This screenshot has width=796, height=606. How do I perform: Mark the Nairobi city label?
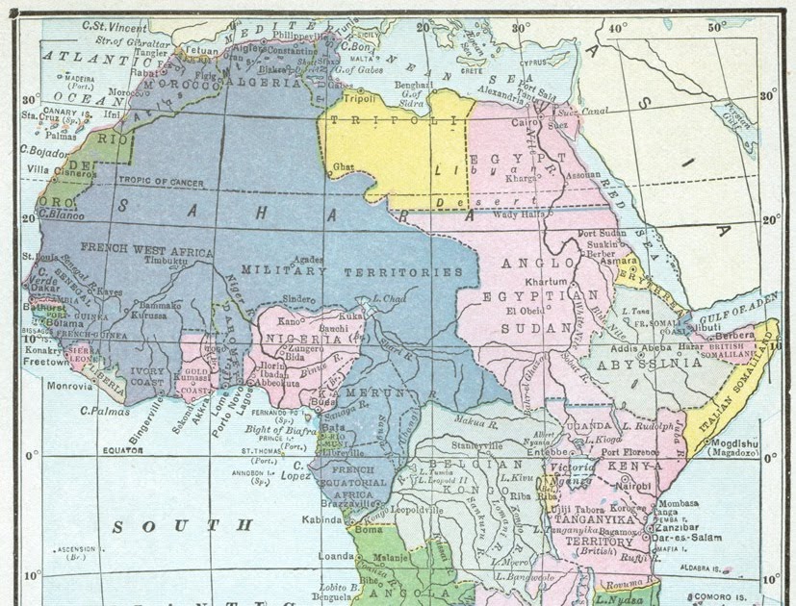pyautogui.click(x=641, y=487)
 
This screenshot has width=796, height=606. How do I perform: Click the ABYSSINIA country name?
pyautogui.click(x=651, y=365)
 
